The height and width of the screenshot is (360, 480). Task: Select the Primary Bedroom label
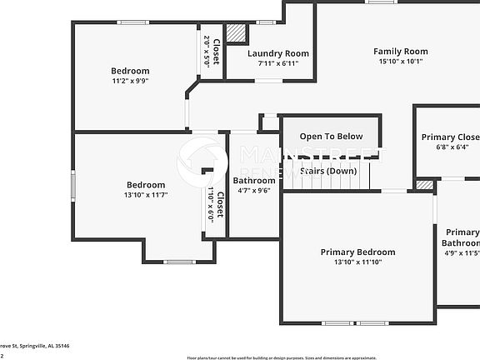[357, 252]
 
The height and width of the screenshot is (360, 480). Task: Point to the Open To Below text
[331, 137]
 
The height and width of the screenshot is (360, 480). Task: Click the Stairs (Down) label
[329, 171]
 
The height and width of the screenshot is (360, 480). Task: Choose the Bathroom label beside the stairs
[253, 180]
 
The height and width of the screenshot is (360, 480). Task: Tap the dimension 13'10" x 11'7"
[146, 195]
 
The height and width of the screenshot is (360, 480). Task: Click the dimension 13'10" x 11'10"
[357, 262]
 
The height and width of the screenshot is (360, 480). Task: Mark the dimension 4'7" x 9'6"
[253, 190]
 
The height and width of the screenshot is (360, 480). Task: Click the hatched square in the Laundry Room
[237, 33]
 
